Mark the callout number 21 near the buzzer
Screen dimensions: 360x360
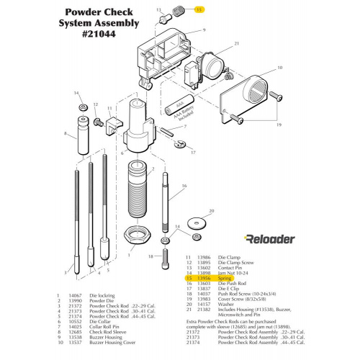tap(236, 44)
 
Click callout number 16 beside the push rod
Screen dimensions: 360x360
tap(184, 186)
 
